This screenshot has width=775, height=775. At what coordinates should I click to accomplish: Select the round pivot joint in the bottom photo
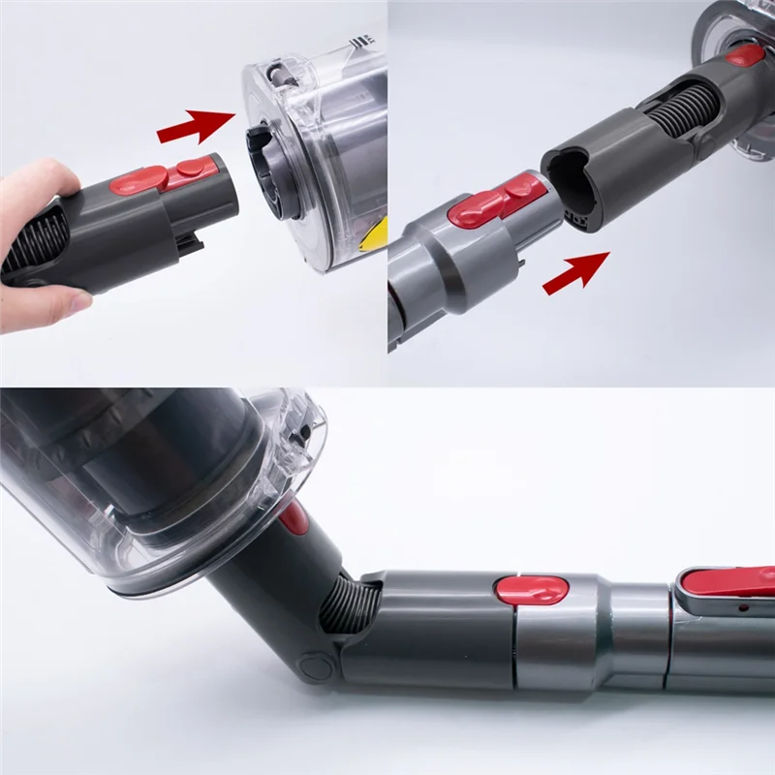click(x=315, y=666)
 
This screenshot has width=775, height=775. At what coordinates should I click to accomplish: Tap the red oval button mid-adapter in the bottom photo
click(x=531, y=588)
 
